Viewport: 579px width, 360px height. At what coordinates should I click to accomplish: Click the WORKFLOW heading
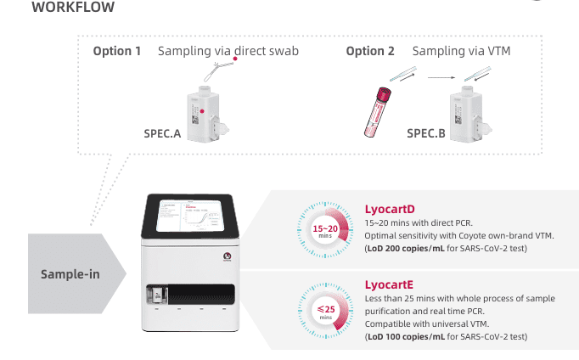pos(73,7)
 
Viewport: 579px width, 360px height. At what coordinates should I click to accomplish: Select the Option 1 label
pos(116,51)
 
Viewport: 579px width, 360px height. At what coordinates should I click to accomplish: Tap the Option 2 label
pos(370,51)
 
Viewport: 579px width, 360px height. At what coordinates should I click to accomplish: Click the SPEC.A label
pos(162,133)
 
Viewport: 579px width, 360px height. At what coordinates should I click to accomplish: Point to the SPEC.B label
pos(426,133)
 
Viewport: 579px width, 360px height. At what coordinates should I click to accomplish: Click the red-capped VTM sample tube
pos(378,112)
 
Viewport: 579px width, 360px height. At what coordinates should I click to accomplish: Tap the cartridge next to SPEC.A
pos(207,114)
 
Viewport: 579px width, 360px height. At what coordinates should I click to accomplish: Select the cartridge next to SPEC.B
pos(470,114)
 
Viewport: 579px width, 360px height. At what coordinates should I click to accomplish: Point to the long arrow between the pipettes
pos(441,77)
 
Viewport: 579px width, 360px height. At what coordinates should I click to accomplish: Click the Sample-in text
pos(70,274)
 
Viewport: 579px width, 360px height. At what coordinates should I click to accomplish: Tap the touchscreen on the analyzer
pos(190,216)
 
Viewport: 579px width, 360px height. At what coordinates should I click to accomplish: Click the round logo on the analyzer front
pos(227,256)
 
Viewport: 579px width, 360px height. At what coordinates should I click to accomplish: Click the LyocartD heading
pos(390,209)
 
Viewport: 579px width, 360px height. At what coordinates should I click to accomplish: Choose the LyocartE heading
pos(389,284)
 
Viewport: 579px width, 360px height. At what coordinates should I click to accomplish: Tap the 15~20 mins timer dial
pos(325,229)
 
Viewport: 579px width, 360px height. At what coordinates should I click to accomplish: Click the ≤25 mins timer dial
pos(326,311)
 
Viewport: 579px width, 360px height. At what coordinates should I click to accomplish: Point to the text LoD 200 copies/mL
pos(406,248)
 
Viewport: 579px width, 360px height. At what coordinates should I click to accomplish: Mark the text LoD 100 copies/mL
pos(406,336)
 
